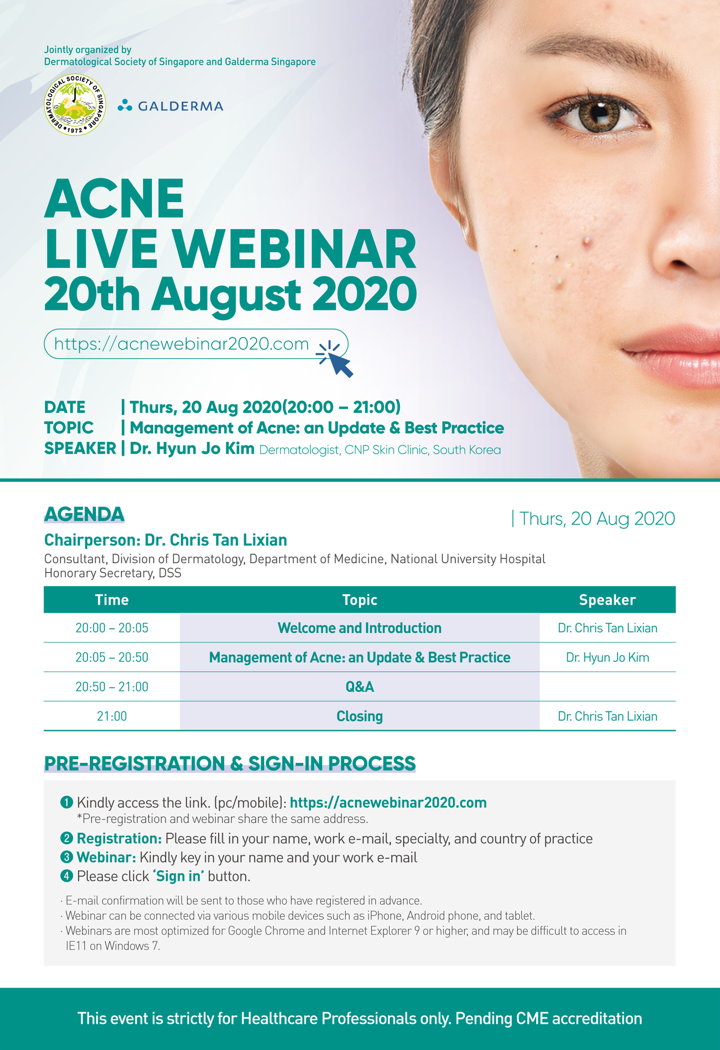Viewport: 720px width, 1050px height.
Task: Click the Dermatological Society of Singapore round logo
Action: [75, 105]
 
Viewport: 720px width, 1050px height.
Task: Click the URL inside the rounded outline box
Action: [181, 344]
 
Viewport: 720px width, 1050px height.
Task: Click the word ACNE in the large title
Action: [114, 199]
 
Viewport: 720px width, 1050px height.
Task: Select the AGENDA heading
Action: [84, 514]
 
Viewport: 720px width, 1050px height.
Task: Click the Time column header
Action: [112, 600]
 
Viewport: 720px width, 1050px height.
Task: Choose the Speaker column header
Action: [607, 600]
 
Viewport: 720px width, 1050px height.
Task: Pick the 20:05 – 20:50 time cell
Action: [112, 657]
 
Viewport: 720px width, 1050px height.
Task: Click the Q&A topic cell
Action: [359, 687]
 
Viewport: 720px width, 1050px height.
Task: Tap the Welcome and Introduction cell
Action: [359, 628]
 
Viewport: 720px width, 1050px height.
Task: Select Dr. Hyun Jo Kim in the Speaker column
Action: [607, 657]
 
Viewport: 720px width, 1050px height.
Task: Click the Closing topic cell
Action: [359, 716]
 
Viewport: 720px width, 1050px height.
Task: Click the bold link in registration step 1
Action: [388, 802]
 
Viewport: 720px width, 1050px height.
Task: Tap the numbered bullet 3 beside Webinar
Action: [66, 857]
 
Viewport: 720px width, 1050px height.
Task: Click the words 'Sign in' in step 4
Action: [178, 876]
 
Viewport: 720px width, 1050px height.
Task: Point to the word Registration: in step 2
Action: [119, 838]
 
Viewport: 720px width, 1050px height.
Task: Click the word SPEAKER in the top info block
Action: [80, 448]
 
